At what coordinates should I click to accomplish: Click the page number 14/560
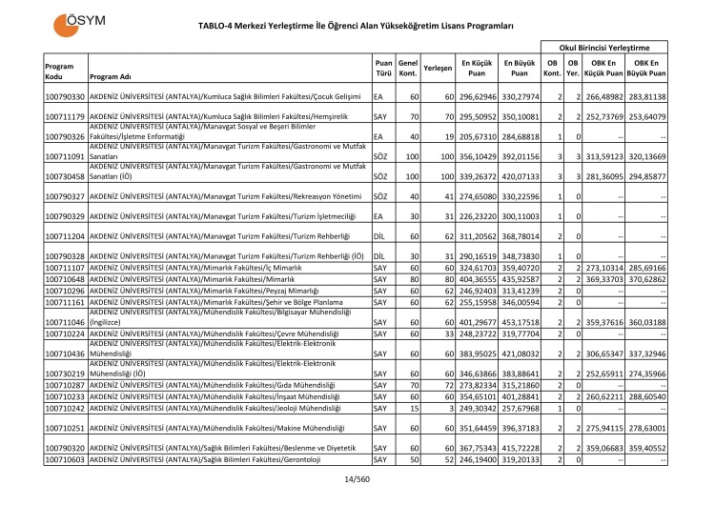tap(357, 479)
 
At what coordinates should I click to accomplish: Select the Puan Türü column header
tap(383, 67)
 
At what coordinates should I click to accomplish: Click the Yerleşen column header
tap(438, 67)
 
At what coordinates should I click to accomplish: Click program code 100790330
tap(65, 97)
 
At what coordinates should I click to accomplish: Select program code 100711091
tap(65, 156)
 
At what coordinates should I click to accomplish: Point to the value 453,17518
tap(521, 322)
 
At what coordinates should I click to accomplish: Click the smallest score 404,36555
tap(479, 278)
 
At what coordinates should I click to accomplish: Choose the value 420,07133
tap(521, 176)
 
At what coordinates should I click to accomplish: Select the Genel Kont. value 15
tap(413, 408)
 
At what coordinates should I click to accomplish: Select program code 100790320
tap(65, 448)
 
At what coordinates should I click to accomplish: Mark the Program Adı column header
tap(111, 77)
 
